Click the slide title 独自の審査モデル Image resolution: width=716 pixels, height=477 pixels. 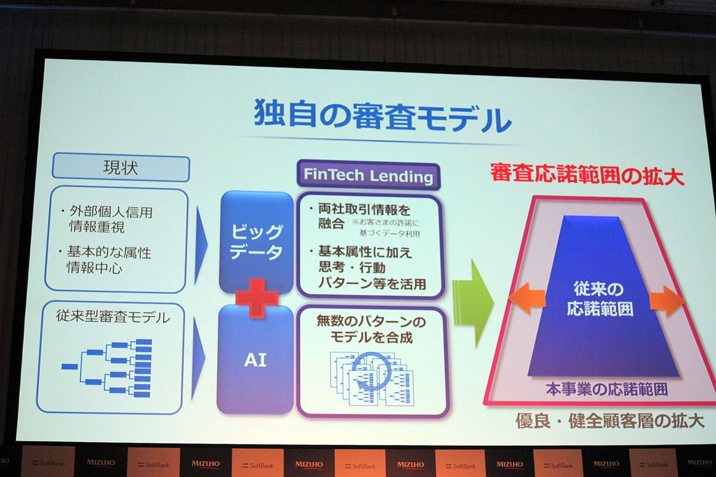point(382,116)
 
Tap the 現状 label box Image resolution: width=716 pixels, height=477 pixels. point(121,168)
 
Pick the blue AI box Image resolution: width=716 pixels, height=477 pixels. point(255,360)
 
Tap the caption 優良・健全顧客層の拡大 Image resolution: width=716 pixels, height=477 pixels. point(610,421)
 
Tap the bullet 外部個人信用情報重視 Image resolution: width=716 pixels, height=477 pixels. point(110,220)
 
